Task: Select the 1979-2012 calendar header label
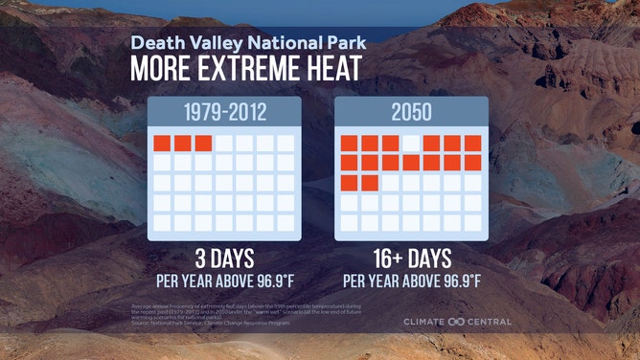225,113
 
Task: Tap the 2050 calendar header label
412,113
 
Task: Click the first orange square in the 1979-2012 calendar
162,144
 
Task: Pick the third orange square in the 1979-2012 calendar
203,144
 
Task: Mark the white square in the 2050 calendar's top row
411,144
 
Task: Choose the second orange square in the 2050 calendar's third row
370,182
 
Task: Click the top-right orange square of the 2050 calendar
473,144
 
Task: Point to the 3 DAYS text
225,259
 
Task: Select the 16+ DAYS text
411,259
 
